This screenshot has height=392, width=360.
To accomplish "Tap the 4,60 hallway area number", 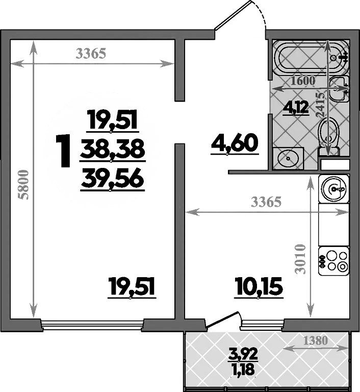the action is click(235, 143).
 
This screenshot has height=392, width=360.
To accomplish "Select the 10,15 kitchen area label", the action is click(259, 286).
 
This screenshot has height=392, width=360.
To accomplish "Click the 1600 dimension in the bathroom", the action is click(303, 81).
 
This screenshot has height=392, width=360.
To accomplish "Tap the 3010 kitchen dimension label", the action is click(300, 259).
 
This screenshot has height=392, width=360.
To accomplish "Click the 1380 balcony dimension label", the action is click(315, 340).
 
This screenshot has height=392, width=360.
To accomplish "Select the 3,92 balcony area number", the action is click(243, 354).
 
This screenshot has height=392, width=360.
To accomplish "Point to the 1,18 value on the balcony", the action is click(243, 369).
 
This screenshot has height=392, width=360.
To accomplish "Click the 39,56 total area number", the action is click(112, 180).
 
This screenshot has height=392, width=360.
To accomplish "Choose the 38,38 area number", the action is click(113, 150).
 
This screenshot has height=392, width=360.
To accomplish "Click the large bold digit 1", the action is click(63, 151).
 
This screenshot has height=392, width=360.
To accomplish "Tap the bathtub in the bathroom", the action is click(311, 58).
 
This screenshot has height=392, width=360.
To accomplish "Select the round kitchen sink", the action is click(334, 188).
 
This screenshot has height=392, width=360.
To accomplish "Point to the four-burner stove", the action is click(333, 261).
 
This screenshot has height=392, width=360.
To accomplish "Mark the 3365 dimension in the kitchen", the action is click(266, 202).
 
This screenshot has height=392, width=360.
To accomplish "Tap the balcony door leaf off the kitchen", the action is click(222, 319).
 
